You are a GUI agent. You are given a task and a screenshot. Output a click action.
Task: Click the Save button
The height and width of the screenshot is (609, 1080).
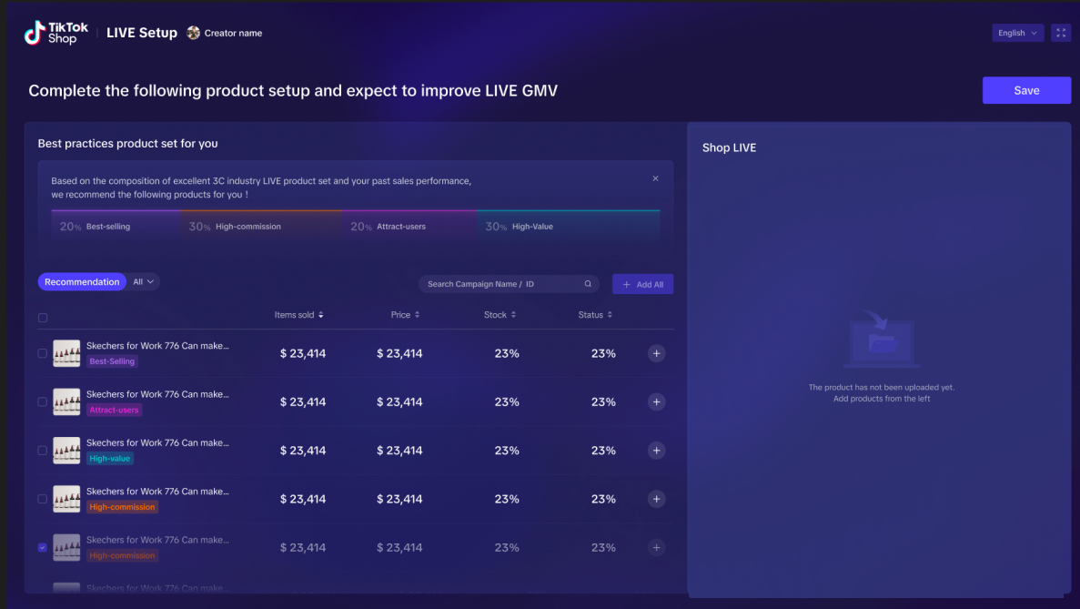(1026, 90)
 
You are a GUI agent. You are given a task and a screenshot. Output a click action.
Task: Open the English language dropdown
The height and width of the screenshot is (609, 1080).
(1017, 33)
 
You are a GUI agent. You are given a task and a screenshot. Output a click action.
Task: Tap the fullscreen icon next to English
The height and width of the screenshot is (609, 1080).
(1061, 33)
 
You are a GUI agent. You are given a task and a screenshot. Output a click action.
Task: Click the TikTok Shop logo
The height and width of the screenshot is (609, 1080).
(56, 34)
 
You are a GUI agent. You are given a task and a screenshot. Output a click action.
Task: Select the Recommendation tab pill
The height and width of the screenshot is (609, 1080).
(82, 282)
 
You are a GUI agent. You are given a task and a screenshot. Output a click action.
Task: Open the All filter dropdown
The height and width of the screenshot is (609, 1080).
(144, 282)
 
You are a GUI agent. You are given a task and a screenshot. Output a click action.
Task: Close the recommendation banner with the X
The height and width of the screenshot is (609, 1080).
(655, 178)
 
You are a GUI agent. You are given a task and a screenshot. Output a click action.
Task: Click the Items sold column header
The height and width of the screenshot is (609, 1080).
(298, 315)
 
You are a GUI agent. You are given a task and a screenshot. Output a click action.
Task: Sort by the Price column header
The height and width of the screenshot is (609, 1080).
(405, 315)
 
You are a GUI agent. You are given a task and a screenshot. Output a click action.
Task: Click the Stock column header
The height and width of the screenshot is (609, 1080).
(500, 315)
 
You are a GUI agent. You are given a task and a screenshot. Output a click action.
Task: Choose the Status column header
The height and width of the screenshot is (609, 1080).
(595, 315)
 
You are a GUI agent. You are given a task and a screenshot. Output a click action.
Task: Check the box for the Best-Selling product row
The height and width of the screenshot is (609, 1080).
(42, 353)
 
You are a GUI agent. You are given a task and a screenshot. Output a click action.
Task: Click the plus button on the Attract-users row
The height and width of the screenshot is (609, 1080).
(656, 402)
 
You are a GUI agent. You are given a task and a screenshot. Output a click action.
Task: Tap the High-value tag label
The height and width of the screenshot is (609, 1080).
(110, 459)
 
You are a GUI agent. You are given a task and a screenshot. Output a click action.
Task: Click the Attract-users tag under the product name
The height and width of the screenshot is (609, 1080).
(114, 411)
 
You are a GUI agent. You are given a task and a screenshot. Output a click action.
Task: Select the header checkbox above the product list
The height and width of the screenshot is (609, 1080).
(42, 318)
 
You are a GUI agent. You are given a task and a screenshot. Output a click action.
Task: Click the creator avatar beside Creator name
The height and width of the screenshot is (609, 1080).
(193, 33)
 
